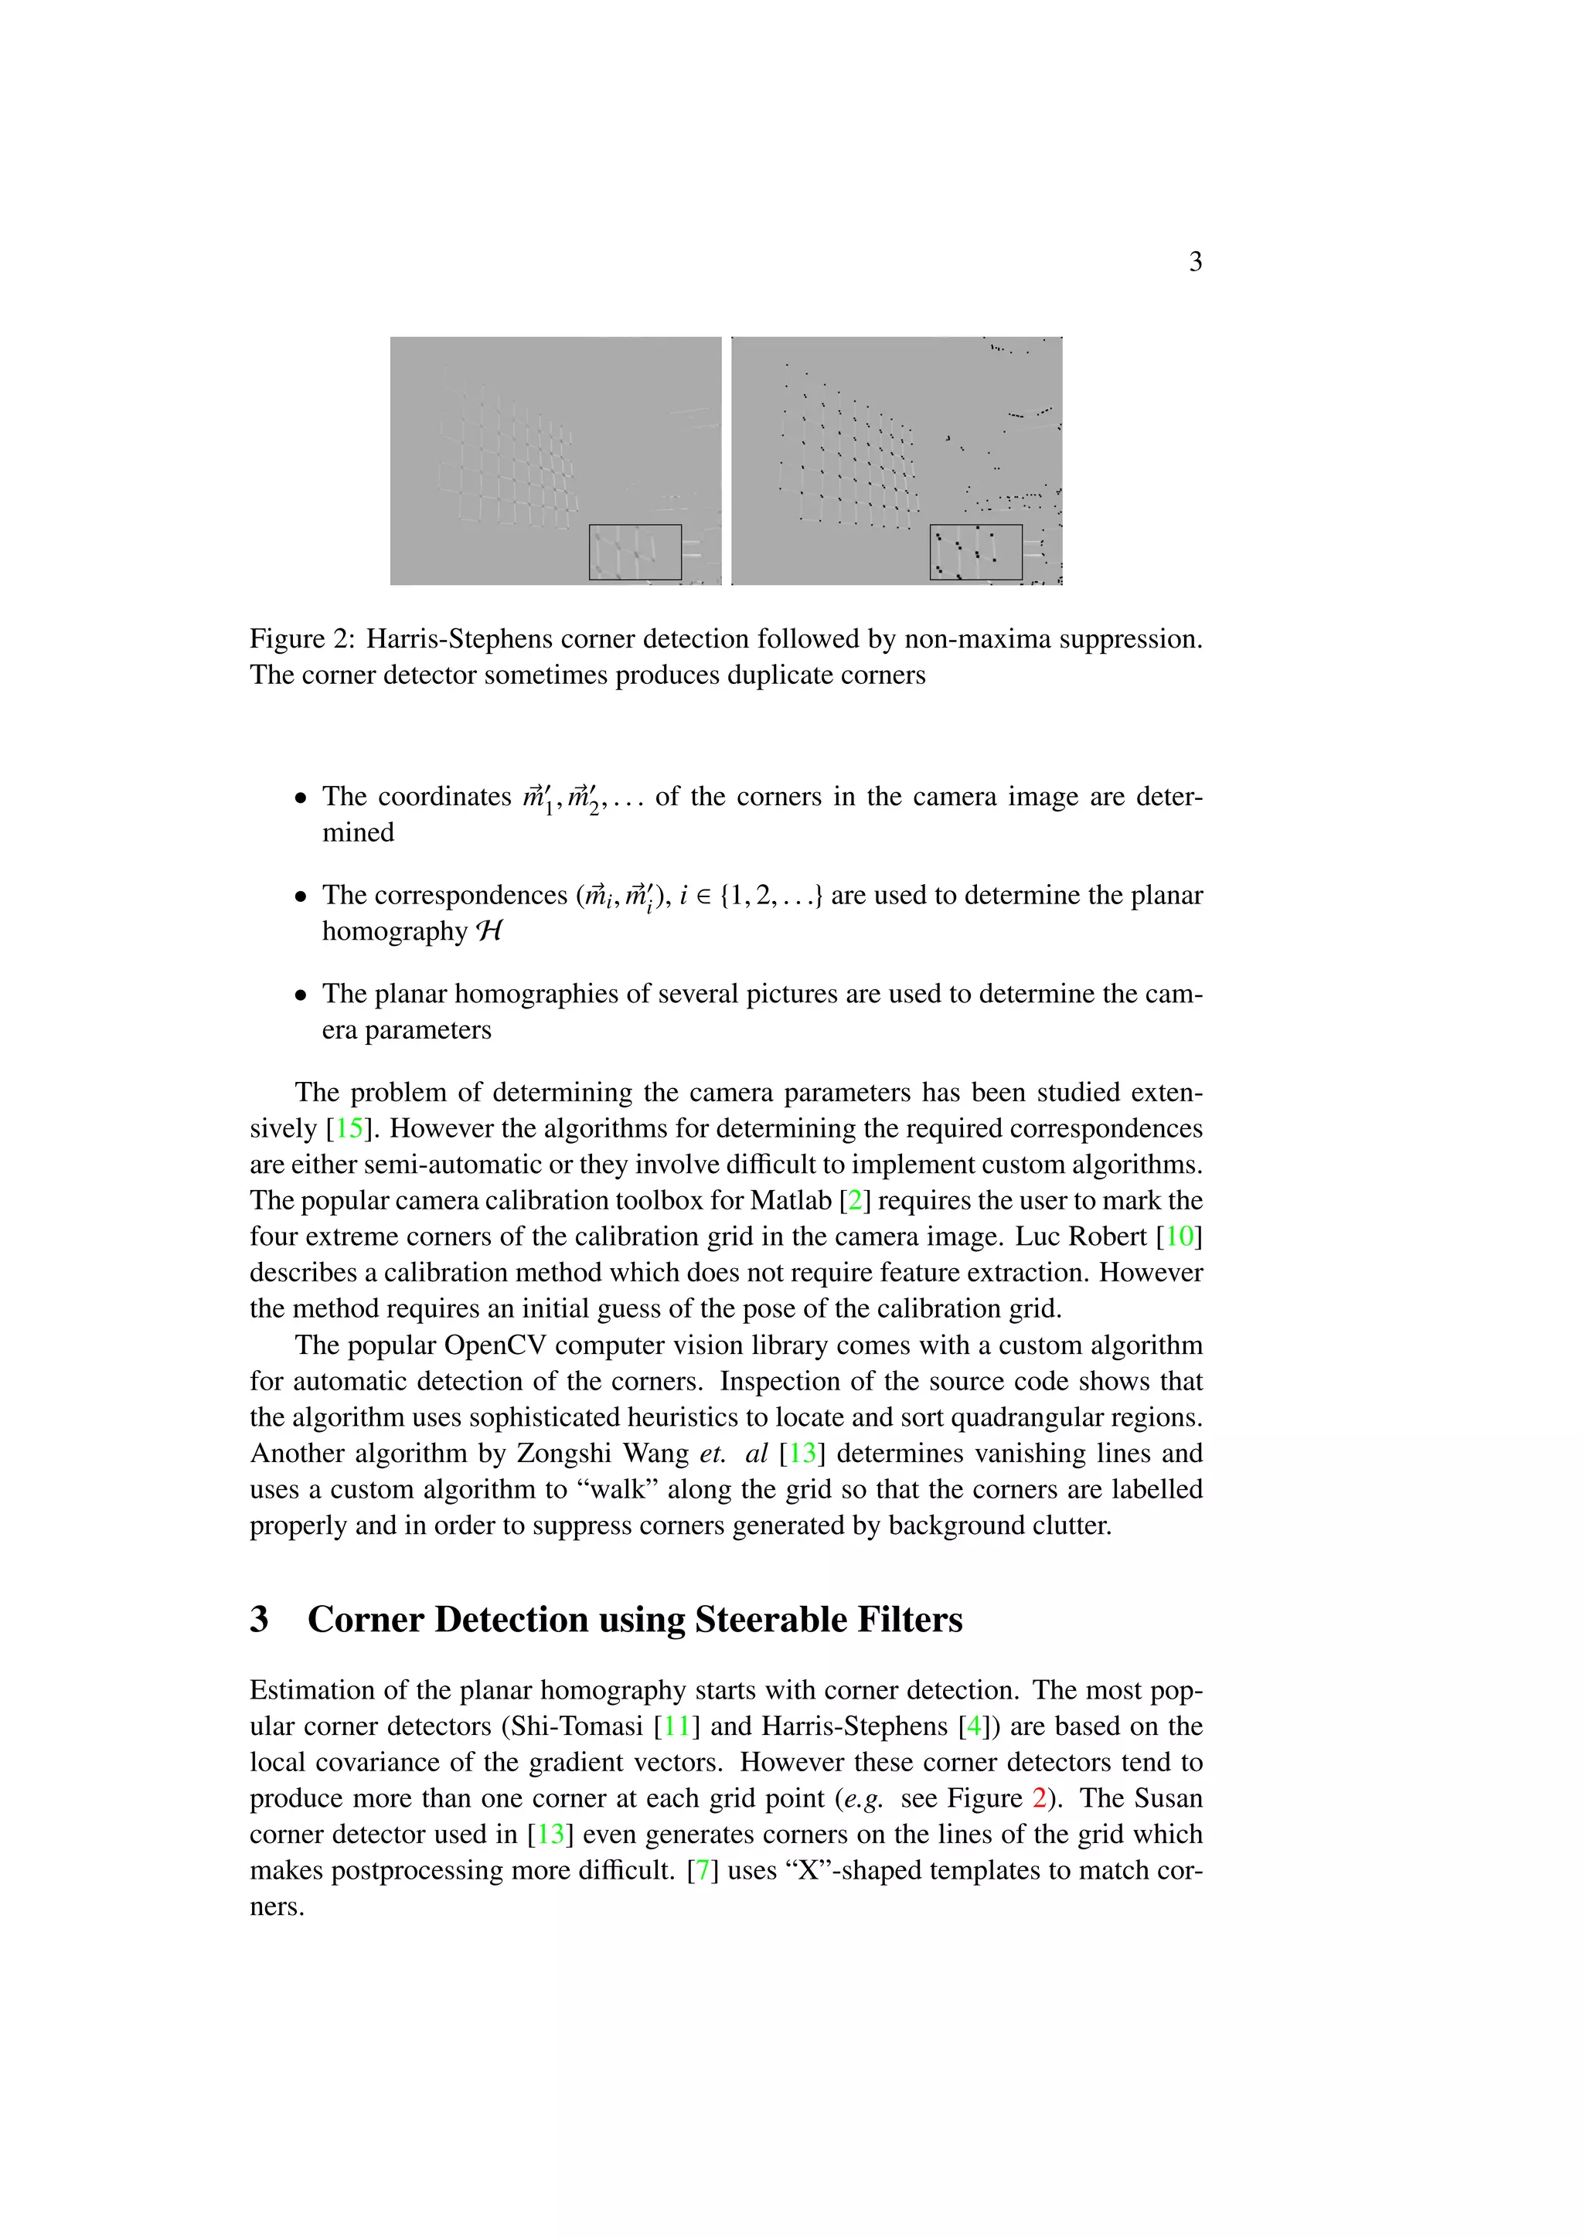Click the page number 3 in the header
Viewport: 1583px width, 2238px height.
1195,262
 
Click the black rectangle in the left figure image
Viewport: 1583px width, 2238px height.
635,552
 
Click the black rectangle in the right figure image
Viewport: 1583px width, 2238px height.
975,552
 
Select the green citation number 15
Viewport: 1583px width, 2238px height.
349,1129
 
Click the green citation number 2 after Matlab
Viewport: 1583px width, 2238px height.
855,1201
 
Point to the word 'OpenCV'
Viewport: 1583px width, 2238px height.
495,1346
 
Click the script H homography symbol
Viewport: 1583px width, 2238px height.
489,932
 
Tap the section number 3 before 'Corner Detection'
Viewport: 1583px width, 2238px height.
259,1620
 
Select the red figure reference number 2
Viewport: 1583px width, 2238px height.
1039,1798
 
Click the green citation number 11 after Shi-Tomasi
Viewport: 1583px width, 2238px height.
676,1726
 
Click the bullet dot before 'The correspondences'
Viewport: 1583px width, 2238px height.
301,896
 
